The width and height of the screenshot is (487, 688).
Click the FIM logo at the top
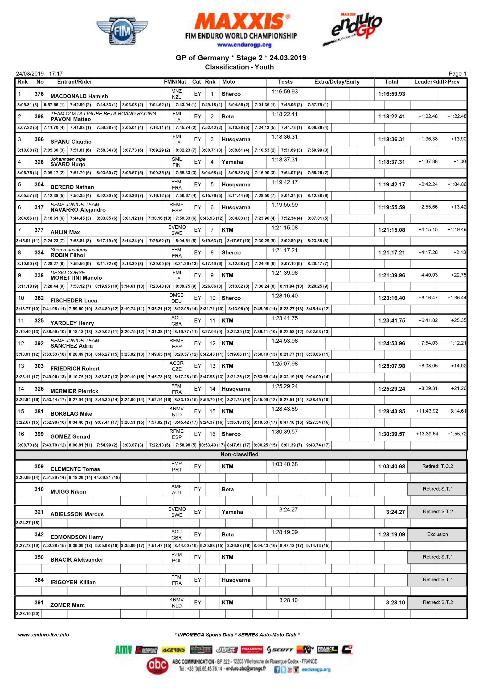tap(122, 31)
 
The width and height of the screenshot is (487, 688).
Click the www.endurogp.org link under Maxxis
tap(244, 45)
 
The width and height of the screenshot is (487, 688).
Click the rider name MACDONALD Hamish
tap(79, 96)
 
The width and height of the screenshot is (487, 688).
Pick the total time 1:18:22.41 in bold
tap(391, 117)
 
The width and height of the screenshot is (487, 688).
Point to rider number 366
tap(39, 139)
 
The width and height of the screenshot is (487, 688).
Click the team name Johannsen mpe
tap(68, 159)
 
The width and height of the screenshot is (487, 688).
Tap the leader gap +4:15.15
tap(428, 229)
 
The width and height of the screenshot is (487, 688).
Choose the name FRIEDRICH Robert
tap(75, 369)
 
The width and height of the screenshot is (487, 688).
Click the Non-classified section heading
tap(239, 454)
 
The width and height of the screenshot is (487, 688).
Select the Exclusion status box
tap(437, 534)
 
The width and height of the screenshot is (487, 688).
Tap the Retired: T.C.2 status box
tap(437, 466)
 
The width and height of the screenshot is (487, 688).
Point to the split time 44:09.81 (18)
tap(107, 477)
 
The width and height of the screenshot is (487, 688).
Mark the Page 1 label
tap(457, 74)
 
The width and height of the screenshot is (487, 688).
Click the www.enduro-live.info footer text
tap(44, 635)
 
